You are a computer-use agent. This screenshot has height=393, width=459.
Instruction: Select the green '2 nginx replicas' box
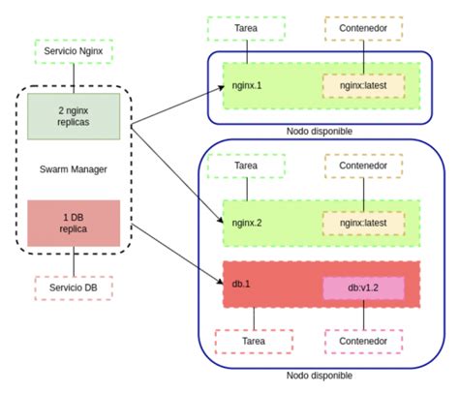click(x=74, y=114)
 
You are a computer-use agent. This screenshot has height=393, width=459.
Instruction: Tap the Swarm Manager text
click(x=74, y=169)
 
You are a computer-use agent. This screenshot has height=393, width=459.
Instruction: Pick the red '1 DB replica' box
click(x=74, y=223)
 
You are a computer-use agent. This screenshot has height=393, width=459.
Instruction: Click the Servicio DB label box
click(x=74, y=288)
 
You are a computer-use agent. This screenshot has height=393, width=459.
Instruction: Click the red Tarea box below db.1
click(x=253, y=341)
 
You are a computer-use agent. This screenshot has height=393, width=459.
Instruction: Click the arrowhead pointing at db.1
click(x=219, y=285)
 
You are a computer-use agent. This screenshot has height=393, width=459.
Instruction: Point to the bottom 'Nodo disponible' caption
click(x=319, y=376)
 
